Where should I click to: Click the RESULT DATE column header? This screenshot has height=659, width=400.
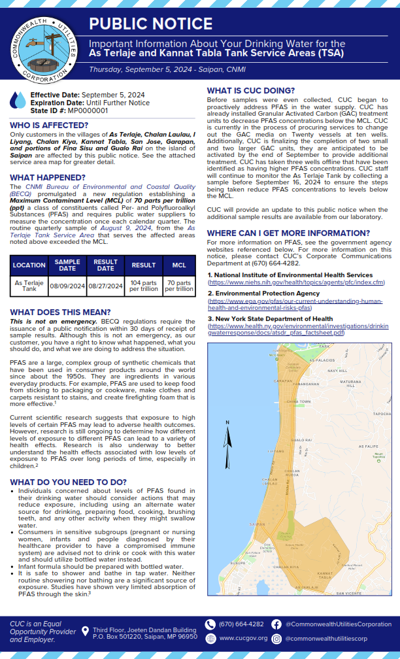(106, 265)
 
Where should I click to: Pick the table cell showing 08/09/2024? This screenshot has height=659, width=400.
(67, 286)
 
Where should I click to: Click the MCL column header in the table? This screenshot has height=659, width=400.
(178, 265)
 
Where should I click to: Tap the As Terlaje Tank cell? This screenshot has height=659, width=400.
(29, 286)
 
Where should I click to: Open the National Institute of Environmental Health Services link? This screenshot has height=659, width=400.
(296, 282)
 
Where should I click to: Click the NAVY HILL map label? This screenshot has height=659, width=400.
(337, 371)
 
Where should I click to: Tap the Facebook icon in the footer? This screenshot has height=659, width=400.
(277, 624)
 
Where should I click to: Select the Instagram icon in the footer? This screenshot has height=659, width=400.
(277, 638)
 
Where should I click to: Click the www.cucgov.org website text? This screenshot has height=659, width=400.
(243, 638)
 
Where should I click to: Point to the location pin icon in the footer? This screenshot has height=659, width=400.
(85, 632)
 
